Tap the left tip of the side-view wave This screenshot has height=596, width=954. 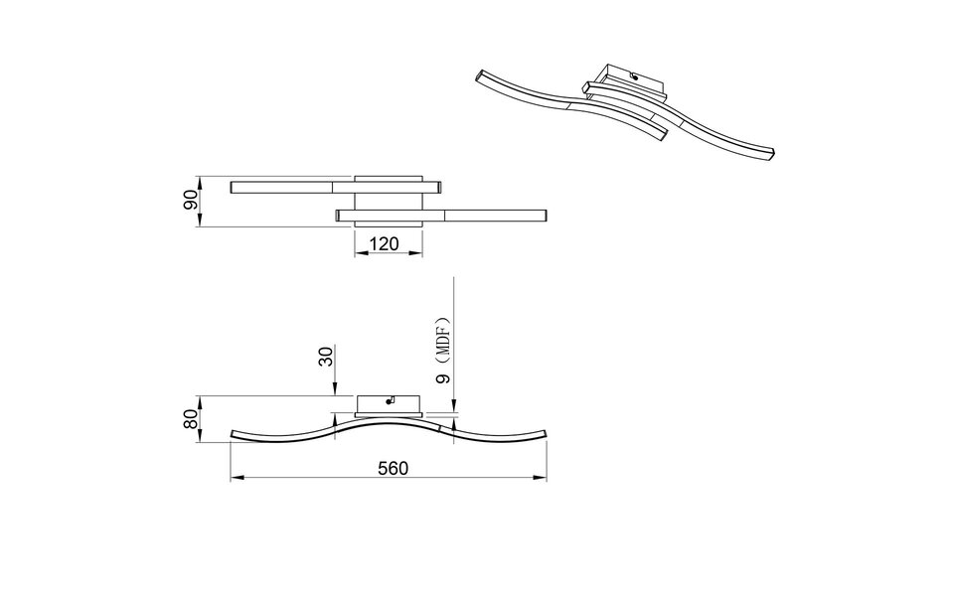click(x=233, y=435)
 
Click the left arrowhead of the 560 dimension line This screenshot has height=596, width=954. click(x=235, y=480)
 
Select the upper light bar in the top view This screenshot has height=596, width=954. click(x=288, y=186)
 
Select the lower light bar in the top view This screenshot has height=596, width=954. click(x=497, y=214)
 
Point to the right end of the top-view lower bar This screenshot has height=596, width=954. click(x=546, y=214)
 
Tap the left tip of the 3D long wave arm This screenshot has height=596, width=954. click(x=481, y=74)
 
